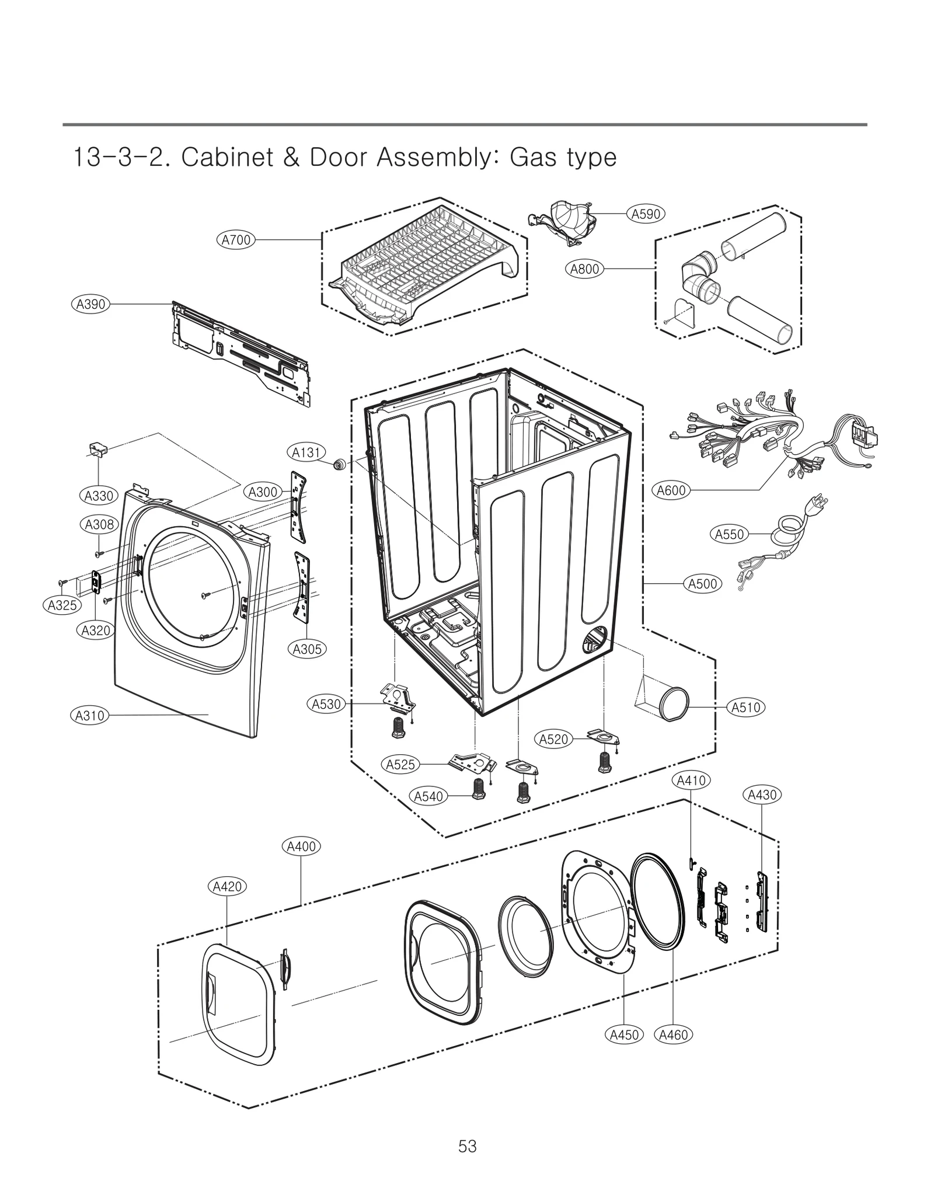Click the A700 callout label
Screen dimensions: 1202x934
tap(236, 240)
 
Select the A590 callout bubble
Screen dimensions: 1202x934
tap(646, 214)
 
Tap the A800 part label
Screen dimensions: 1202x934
tap(584, 269)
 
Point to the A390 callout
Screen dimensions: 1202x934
tap(91, 304)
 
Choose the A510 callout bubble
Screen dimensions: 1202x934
tap(746, 708)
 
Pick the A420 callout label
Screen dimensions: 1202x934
tap(228, 887)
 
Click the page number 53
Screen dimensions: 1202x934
tap(468, 1147)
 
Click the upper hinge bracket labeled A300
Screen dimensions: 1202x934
tap(298, 507)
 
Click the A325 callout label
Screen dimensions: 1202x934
tap(62, 605)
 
